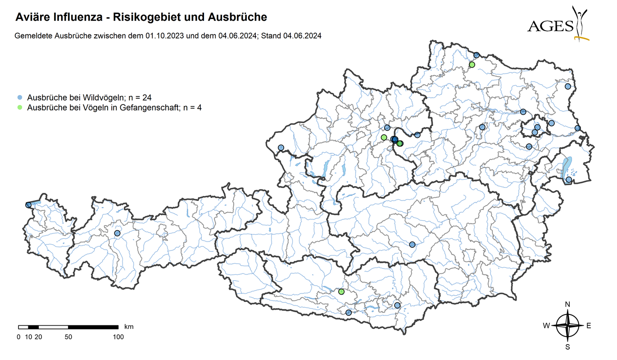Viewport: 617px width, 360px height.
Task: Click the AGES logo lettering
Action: point(550,26)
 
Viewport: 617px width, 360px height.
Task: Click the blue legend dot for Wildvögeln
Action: point(19,97)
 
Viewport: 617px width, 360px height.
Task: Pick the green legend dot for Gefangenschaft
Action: point(19,108)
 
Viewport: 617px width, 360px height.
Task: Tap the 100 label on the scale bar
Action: point(118,337)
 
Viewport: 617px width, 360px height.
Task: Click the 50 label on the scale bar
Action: point(68,337)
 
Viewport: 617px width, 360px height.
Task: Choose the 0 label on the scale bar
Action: point(18,337)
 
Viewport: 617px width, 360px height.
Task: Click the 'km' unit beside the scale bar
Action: point(128,326)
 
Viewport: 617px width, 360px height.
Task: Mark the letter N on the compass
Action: point(567,304)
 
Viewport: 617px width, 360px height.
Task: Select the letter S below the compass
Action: point(567,347)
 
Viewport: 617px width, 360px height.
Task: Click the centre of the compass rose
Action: point(567,325)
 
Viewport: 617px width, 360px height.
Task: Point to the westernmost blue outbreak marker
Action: point(29,205)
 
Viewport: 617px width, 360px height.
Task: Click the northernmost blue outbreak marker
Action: point(476,55)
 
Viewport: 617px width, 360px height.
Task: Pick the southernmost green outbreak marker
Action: point(341,292)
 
